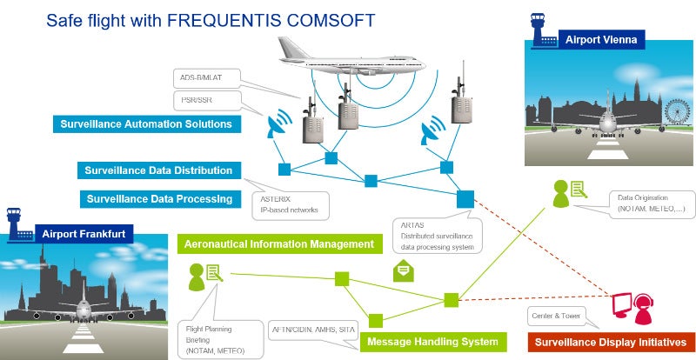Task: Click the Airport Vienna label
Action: click(x=601, y=40)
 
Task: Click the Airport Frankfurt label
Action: click(x=77, y=233)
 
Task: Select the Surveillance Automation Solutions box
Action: click(x=145, y=124)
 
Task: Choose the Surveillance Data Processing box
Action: click(x=160, y=199)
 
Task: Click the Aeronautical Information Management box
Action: click(x=279, y=244)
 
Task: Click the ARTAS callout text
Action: click(x=437, y=236)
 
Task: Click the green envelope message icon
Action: click(x=404, y=271)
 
